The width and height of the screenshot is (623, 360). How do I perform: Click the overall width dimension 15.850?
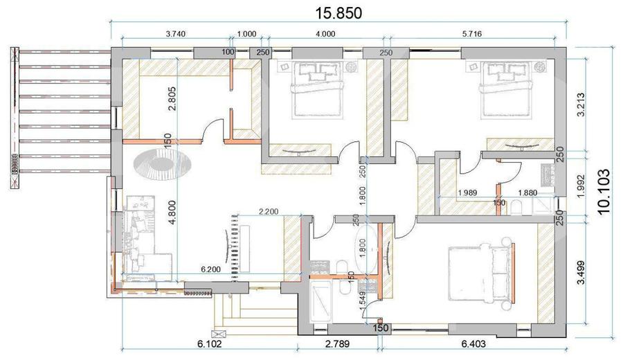point(339,12)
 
